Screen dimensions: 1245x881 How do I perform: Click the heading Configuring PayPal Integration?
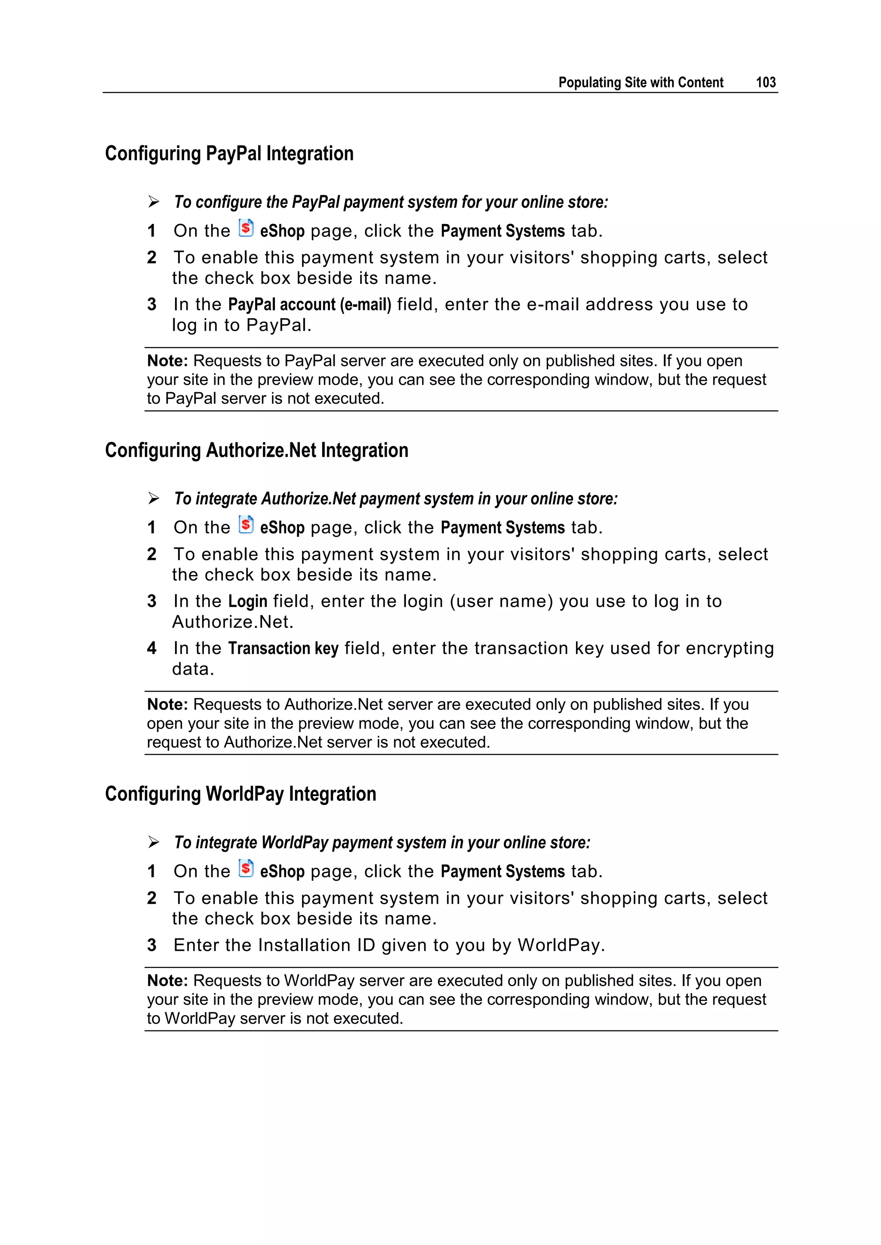pos(229,154)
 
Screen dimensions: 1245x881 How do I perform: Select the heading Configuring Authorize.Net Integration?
pos(256,450)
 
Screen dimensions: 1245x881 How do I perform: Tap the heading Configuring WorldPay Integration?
pos(240,794)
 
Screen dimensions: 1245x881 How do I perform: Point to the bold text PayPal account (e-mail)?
pos(309,305)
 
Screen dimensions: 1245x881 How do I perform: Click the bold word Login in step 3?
pos(247,601)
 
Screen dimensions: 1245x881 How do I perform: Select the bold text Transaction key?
pos(283,649)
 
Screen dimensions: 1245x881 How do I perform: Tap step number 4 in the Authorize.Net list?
pos(152,649)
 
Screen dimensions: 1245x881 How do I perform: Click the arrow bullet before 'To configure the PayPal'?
pos(154,202)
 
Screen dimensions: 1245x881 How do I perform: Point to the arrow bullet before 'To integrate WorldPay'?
pos(154,842)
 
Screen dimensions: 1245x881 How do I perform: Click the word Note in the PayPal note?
pos(167,361)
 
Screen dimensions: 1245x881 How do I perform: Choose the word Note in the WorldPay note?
pos(167,981)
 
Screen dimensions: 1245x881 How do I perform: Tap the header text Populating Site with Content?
pos(641,83)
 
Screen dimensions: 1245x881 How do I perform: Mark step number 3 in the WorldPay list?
pos(152,946)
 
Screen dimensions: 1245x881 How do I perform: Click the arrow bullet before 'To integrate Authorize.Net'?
pos(154,499)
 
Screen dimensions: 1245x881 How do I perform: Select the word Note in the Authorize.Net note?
pos(167,705)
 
